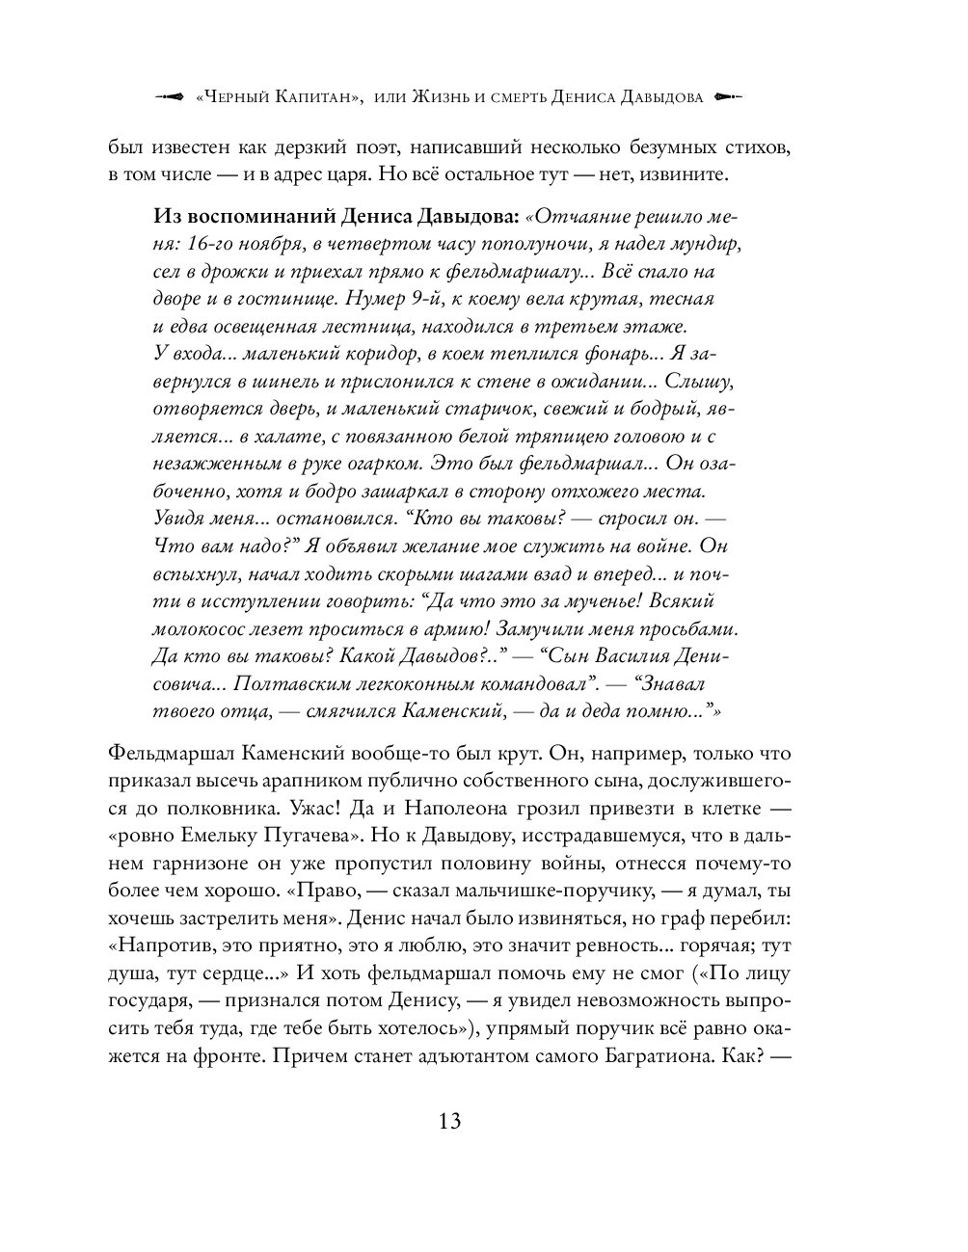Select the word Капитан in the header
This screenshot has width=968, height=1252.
[x=318, y=97]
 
